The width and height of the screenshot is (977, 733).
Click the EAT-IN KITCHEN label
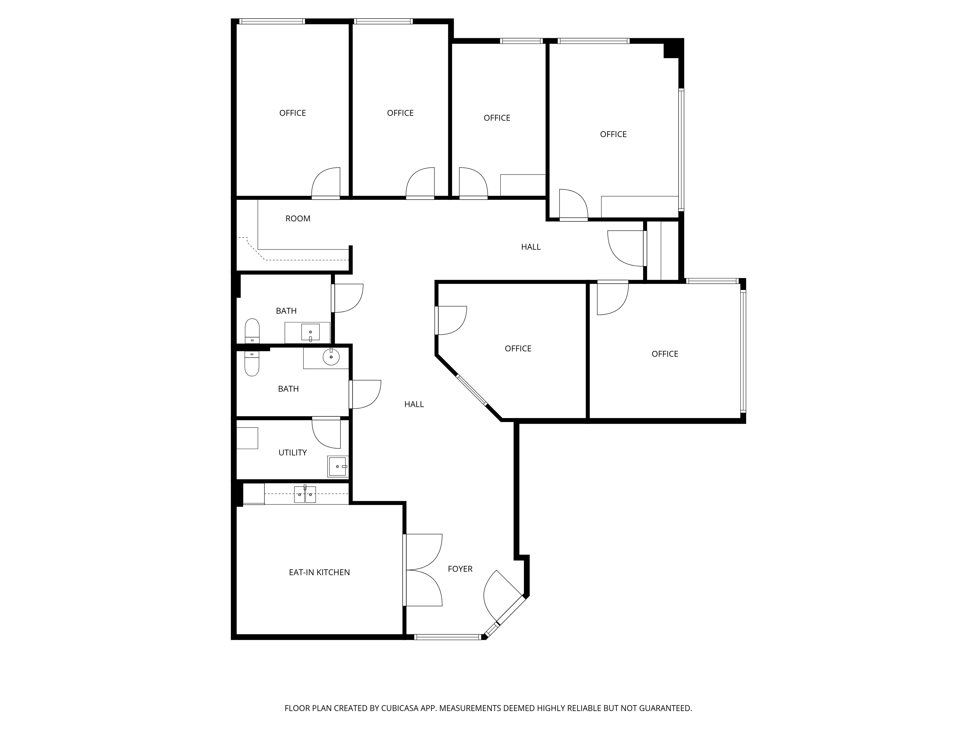(319, 572)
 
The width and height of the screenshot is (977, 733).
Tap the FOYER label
(460, 569)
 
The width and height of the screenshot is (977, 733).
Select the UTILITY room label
(292, 453)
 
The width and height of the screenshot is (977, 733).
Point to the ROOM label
(298, 218)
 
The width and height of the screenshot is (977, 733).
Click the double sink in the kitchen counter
(305, 495)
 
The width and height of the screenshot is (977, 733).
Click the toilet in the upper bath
(252, 331)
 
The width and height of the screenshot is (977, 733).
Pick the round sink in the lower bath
(331, 356)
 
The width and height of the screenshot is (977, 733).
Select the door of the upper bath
(347, 298)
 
